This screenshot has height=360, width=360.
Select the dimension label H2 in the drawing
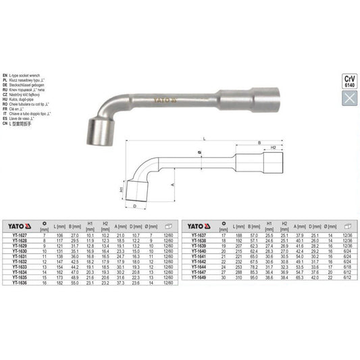(x=274, y=147)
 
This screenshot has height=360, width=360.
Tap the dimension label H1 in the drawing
(x=123, y=190)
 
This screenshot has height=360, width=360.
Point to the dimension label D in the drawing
(x=135, y=207)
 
